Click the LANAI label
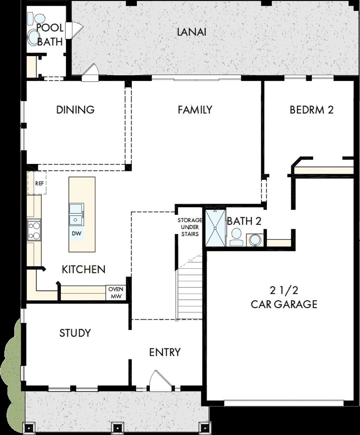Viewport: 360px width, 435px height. click(x=192, y=32)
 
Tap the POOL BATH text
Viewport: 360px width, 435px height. click(x=50, y=35)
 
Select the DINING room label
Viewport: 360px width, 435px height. click(x=75, y=109)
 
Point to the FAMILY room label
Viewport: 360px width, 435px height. click(x=195, y=109)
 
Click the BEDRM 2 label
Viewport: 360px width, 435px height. click(x=311, y=109)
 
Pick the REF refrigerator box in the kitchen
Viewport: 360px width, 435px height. click(x=39, y=183)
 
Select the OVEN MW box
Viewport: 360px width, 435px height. click(x=116, y=293)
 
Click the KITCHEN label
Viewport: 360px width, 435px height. click(x=84, y=269)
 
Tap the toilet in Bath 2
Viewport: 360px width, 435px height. click(x=236, y=237)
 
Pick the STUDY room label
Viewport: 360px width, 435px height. click(x=75, y=333)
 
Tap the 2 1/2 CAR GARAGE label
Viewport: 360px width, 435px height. click(x=284, y=297)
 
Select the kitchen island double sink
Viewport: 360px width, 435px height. click(x=76, y=214)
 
